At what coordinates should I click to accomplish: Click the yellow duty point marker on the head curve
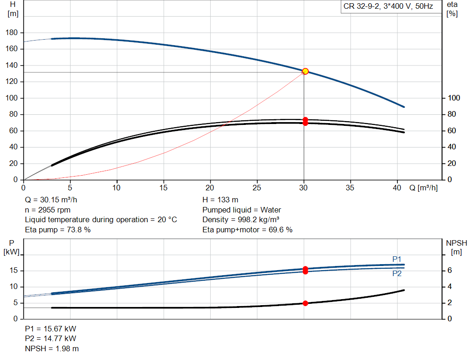pyautogui.click(x=305, y=71)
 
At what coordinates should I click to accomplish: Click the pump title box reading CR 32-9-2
pyautogui.click(x=388, y=6)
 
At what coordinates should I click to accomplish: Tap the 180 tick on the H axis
pyautogui.click(x=12, y=33)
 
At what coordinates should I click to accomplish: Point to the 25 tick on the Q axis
pyautogui.click(x=257, y=188)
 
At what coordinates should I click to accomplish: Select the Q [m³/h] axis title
pyautogui.click(x=423, y=188)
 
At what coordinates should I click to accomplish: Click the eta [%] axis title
pyautogui.click(x=452, y=9)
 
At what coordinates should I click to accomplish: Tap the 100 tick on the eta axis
pyautogui.click(x=454, y=98)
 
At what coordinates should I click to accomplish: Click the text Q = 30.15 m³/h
pyautogui.click(x=51, y=200)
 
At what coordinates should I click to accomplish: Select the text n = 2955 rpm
pyautogui.click(x=47, y=210)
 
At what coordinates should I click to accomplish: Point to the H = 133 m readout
pyautogui.click(x=220, y=200)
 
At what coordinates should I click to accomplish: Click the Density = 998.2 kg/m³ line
pyautogui.click(x=241, y=220)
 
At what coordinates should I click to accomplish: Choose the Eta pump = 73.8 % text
pyautogui.click(x=58, y=230)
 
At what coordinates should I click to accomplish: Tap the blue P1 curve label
pyautogui.click(x=397, y=259)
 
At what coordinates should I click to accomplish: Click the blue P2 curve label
pyautogui.click(x=397, y=273)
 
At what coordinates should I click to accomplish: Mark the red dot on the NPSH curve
pyautogui.click(x=305, y=303)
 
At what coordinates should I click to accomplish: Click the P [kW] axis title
pyautogui.click(x=12, y=248)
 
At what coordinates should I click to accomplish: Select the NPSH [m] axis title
pyautogui.click(x=456, y=248)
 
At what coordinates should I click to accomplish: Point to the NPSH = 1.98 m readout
pyautogui.click(x=52, y=348)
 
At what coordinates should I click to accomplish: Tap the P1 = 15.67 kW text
pyautogui.click(x=51, y=329)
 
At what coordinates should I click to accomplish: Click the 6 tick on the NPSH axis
pyautogui.click(x=449, y=270)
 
